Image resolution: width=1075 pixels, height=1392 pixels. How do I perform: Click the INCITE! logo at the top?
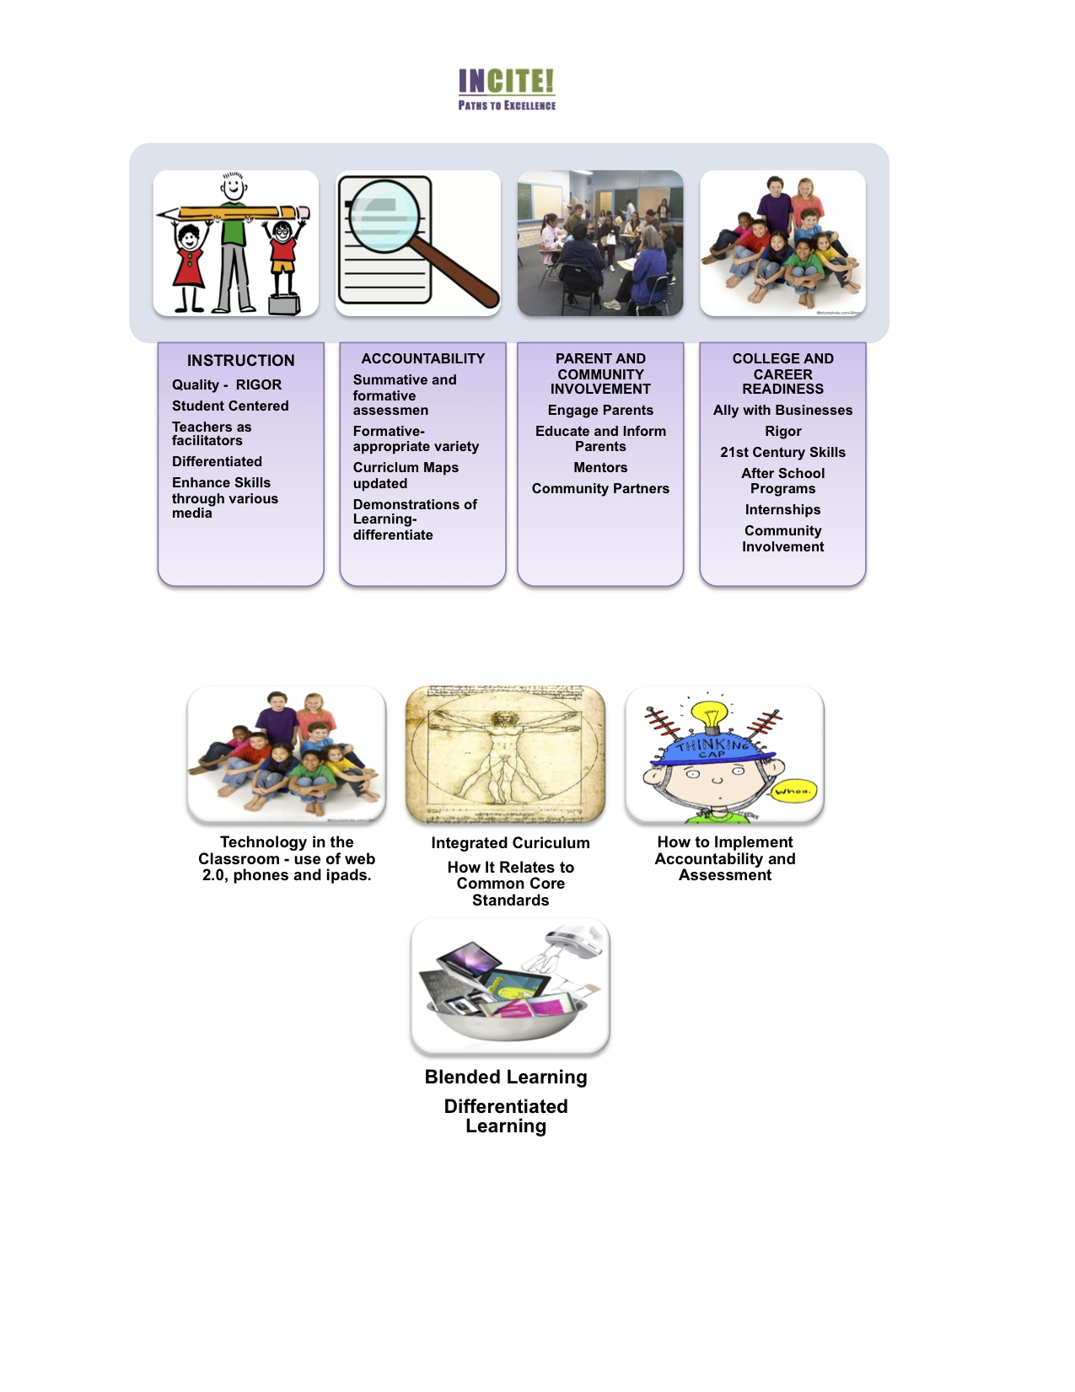pyautogui.click(x=507, y=89)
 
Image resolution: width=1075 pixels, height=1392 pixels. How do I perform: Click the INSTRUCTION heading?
pyautogui.click(x=240, y=360)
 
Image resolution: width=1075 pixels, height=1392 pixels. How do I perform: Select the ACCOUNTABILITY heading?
pyautogui.click(x=422, y=358)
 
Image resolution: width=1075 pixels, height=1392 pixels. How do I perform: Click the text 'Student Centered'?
pyautogui.click(x=230, y=406)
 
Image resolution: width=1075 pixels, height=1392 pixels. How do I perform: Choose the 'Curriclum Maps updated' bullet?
pyautogui.click(x=406, y=476)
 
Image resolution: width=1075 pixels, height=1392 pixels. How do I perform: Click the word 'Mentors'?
pyautogui.click(x=600, y=467)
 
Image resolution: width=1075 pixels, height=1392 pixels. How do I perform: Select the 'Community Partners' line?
pyautogui.click(x=600, y=488)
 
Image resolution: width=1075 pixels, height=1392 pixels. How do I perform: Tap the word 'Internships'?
pyautogui.click(x=782, y=509)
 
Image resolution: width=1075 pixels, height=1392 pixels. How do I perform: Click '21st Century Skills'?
pyautogui.click(x=782, y=452)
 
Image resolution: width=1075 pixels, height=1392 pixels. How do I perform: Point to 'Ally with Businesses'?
pyautogui.click(x=782, y=410)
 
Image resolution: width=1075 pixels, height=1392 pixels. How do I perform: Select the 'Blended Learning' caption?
pyautogui.click(x=506, y=1077)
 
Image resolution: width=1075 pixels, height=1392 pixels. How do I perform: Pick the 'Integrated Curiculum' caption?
pyautogui.click(x=510, y=842)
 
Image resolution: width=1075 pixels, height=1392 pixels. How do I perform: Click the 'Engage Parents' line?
pyautogui.click(x=600, y=410)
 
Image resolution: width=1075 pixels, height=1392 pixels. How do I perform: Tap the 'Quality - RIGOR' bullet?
pyautogui.click(x=227, y=384)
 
